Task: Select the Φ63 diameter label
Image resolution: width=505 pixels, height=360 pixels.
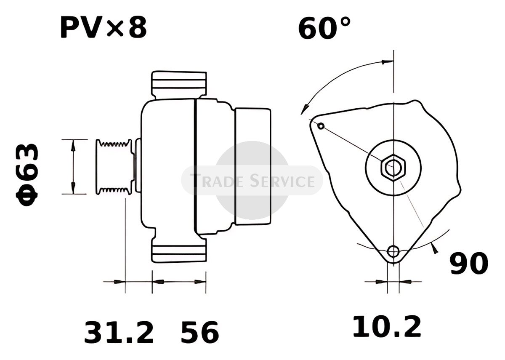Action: click(x=27, y=175)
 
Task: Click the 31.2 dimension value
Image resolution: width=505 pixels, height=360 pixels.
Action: click(x=119, y=333)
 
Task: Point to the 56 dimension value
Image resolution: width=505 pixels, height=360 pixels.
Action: click(x=200, y=333)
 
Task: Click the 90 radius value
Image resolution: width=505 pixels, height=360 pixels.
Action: click(x=469, y=264)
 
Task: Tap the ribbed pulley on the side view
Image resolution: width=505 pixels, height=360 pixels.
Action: click(x=114, y=167)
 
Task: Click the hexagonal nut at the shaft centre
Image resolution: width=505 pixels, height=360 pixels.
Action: click(x=393, y=167)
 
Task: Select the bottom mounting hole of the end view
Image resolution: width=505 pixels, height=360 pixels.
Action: click(x=393, y=251)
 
